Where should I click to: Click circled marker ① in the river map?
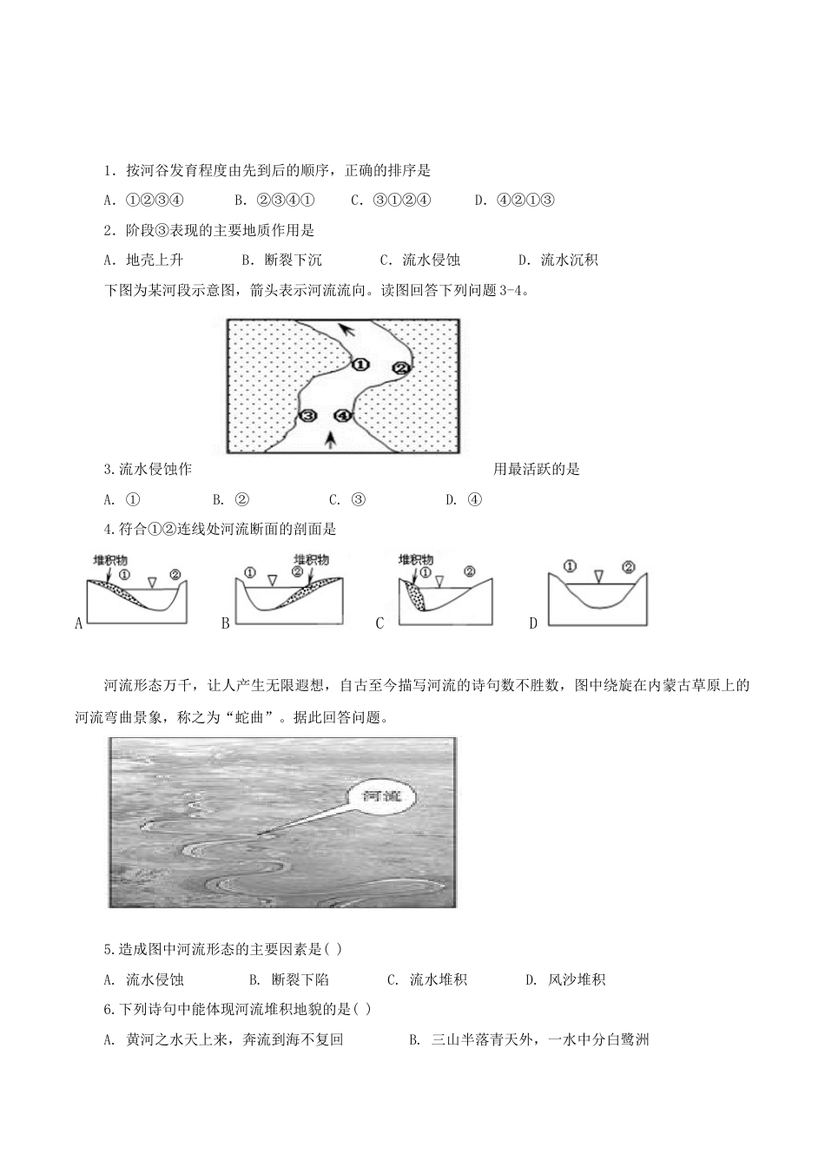[360, 365]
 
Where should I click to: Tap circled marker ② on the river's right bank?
[400, 367]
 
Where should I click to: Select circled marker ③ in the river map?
[308, 416]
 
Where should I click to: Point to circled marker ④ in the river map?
[344, 416]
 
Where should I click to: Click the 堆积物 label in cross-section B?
[311, 559]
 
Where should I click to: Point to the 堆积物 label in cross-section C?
[414, 560]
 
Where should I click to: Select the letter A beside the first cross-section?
[79, 623]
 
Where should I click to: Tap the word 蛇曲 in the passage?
[283, 717]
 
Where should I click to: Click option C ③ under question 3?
[347, 499]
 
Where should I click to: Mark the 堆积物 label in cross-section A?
[110, 560]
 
